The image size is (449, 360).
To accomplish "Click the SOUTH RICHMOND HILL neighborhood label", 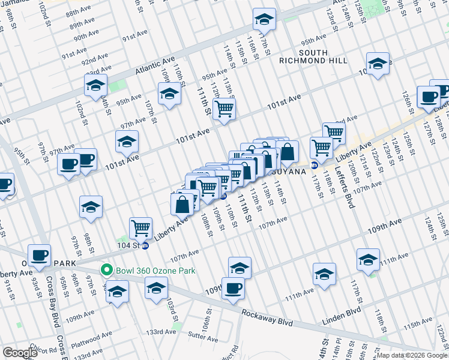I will [x=313, y=56].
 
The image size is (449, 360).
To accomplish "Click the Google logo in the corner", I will [x=20, y=353].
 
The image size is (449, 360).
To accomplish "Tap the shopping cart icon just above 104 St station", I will [x=140, y=227].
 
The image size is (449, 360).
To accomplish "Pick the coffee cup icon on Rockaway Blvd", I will [x=233, y=287].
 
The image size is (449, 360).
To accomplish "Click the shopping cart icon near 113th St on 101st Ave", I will [x=224, y=109].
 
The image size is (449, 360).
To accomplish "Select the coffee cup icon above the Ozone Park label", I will [x=40, y=254].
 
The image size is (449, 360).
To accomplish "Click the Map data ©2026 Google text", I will [x=411, y=355].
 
